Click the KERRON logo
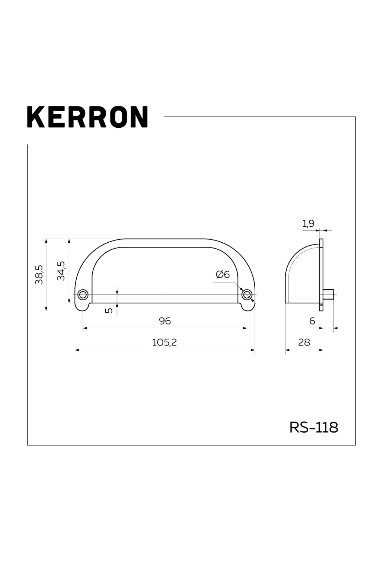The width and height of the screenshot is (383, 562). (x=87, y=117)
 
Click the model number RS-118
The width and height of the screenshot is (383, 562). (x=314, y=427)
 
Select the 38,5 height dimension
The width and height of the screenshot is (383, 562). (x=39, y=275)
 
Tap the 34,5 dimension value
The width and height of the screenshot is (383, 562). (x=61, y=271)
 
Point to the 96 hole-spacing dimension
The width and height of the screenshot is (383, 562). (x=165, y=321)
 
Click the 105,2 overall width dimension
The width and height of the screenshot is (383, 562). (x=164, y=342)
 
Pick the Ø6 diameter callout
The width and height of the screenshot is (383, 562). (x=222, y=274)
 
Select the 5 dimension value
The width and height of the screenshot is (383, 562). (x=109, y=310)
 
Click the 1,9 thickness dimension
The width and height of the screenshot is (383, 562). (x=308, y=224)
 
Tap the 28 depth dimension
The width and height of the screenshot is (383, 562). (x=304, y=342)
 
